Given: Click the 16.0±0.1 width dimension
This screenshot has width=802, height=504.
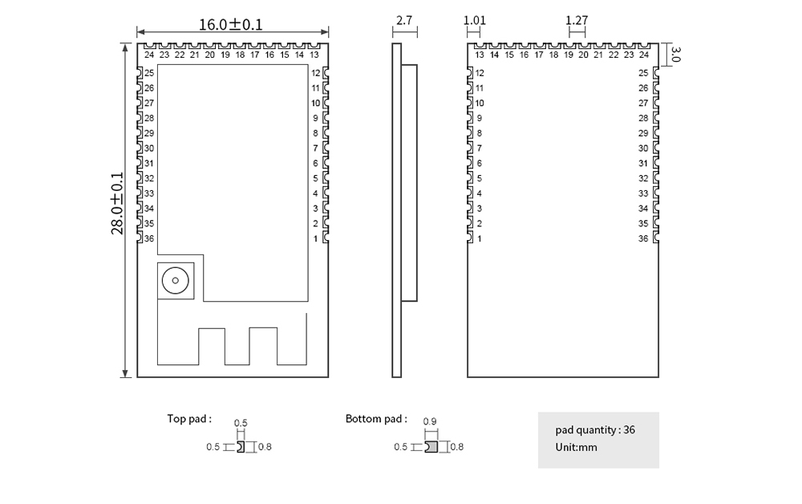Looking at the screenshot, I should pyautogui.click(x=230, y=24).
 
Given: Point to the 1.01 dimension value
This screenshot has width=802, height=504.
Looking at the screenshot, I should pyautogui.click(x=475, y=20).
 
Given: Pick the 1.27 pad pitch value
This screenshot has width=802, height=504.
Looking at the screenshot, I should pyautogui.click(x=577, y=20).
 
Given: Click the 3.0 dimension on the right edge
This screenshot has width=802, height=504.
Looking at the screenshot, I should pyautogui.click(x=675, y=54).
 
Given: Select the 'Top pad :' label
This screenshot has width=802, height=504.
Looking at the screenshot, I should pyautogui.click(x=189, y=418).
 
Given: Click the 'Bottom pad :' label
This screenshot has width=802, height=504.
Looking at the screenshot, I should pyautogui.click(x=376, y=418).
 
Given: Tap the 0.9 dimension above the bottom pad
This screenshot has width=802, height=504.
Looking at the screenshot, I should pyautogui.click(x=429, y=422).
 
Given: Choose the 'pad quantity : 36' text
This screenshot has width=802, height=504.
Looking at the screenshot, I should pyautogui.click(x=595, y=429).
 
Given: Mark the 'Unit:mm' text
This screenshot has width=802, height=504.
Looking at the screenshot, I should pyautogui.click(x=576, y=447).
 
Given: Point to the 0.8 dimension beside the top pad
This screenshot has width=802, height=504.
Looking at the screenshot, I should pyautogui.click(x=264, y=447).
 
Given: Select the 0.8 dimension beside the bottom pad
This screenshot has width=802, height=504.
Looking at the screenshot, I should pyautogui.click(x=457, y=447).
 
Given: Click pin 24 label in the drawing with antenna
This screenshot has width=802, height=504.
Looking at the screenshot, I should pyautogui.click(x=149, y=55).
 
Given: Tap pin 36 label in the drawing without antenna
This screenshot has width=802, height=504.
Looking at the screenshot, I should pyautogui.click(x=643, y=238).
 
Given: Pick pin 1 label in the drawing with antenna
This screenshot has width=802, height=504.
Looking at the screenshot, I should pyautogui.click(x=315, y=238).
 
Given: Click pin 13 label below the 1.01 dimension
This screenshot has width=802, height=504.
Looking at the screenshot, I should pyautogui.click(x=479, y=55).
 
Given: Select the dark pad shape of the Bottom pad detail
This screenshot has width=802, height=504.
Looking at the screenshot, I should pyautogui.click(x=431, y=446).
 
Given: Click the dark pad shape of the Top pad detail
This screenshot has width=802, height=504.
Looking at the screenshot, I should pyautogui.click(x=241, y=446).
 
